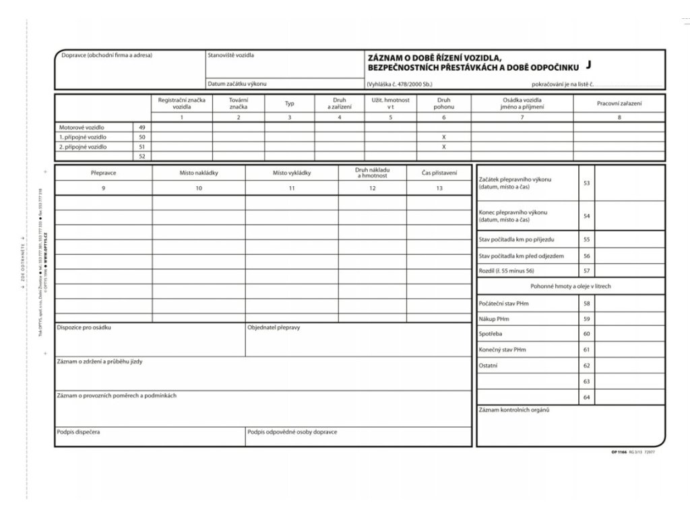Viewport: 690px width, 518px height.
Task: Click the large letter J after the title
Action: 588,65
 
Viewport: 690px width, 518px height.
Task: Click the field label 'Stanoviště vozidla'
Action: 231,55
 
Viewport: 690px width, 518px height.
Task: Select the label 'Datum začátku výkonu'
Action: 237,84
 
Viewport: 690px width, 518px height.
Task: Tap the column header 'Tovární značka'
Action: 238,103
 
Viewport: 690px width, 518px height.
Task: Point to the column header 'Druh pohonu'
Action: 443,103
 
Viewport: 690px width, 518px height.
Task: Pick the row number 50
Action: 142,137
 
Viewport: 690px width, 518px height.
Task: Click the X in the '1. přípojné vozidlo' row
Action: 443,137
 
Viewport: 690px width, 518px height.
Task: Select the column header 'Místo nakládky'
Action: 199,173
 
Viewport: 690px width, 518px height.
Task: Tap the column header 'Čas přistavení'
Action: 439,173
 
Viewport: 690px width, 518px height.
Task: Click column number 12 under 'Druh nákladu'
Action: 372,188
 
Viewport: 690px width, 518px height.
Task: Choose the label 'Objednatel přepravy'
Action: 274,327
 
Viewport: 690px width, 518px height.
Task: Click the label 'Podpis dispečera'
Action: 79,431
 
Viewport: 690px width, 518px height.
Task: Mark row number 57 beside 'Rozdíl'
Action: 586,270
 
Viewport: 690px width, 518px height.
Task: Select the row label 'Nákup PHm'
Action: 494,318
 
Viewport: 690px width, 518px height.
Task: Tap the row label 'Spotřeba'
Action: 491,334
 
